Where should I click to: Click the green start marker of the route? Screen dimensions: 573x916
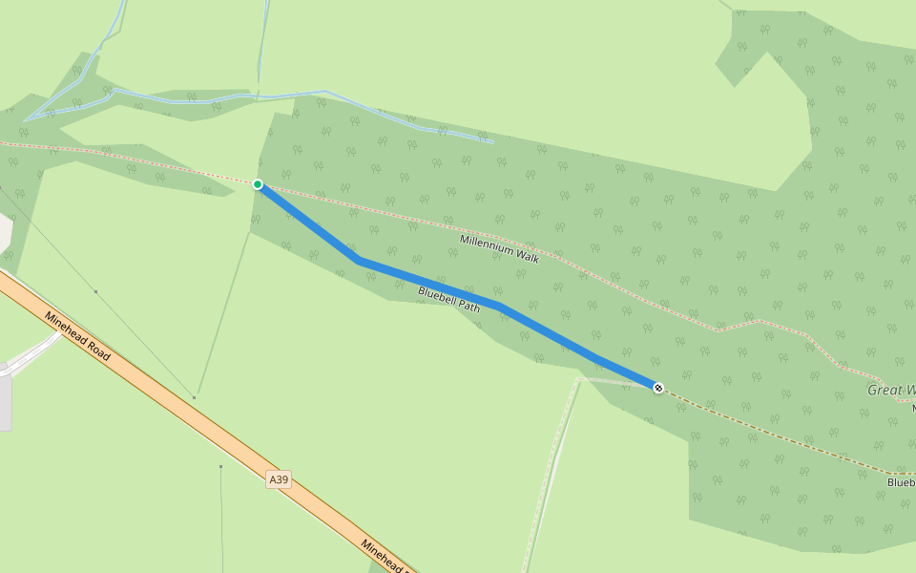(x=258, y=184)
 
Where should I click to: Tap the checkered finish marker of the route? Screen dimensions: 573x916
(x=658, y=387)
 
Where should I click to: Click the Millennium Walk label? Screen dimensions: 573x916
(x=499, y=248)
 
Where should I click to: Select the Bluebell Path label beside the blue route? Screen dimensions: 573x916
(x=448, y=299)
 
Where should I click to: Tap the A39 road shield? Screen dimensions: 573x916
(x=278, y=479)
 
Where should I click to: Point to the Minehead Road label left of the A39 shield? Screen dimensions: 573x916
(x=77, y=335)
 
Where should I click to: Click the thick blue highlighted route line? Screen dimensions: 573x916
(x=429, y=283)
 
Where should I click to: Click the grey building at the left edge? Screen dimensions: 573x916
(x=5, y=401)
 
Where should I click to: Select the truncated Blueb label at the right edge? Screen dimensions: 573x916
(x=901, y=482)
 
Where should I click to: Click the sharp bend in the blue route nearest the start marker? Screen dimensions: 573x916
(x=359, y=260)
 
